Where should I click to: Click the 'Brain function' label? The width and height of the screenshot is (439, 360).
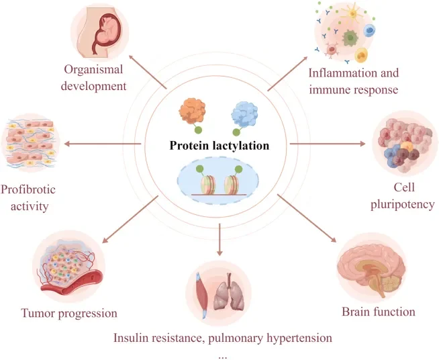(x=379, y=311)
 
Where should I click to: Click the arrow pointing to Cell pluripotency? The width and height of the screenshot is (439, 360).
(x=329, y=143)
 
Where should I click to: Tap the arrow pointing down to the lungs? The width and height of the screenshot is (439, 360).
(x=220, y=240)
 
